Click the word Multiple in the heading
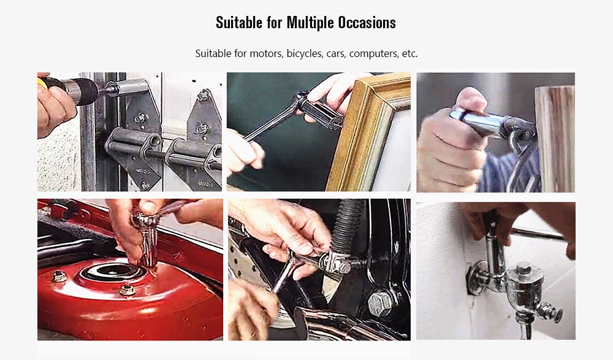tap(310, 23)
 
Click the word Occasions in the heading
tap(367, 23)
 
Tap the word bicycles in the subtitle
tap(305, 53)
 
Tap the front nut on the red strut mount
tap(127, 290)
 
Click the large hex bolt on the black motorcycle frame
tap(379, 303)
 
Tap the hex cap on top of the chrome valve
tap(524, 269)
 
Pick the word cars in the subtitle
tap(335, 53)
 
